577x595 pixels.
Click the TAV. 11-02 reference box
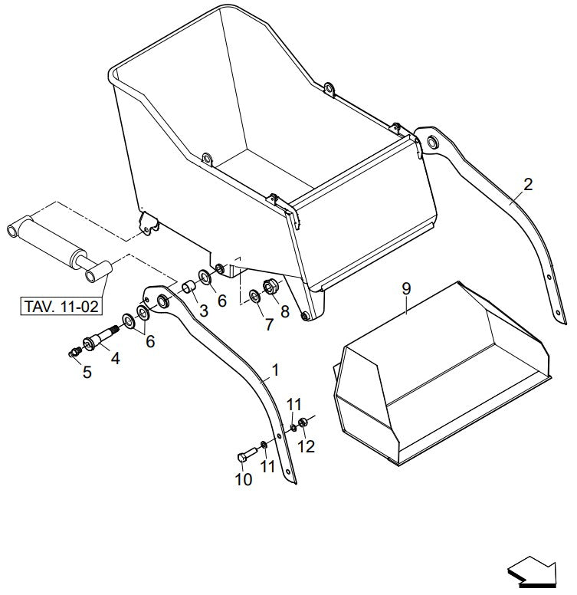point(61,307)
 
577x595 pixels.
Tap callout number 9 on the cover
point(406,288)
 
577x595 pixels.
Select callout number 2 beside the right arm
point(528,184)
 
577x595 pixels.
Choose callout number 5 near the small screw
point(87,372)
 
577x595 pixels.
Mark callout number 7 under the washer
point(268,324)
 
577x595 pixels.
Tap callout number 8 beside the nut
point(286,312)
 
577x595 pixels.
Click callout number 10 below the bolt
point(242,480)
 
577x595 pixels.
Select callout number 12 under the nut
point(307,445)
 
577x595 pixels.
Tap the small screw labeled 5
point(75,352)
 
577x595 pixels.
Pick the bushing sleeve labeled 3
point(187,290)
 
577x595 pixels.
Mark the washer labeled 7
point(254,295)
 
